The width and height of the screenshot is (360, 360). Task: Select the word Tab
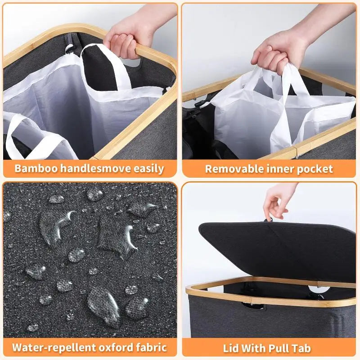point(301,348)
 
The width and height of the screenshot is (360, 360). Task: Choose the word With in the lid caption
point(254,348)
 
